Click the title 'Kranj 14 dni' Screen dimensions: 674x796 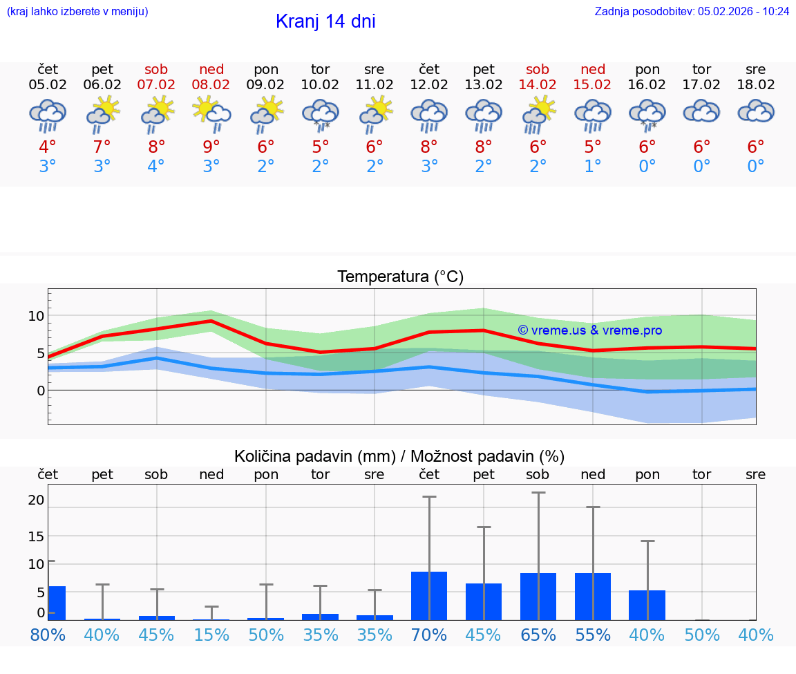[325, 21]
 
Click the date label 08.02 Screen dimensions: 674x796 [211, 85]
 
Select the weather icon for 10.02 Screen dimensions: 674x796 [320, 114]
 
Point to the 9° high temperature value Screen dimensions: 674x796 [211, 147]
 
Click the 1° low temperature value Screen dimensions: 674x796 [593, 167]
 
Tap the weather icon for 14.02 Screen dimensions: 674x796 [538, 114]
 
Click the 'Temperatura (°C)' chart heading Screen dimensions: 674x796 [400, 277]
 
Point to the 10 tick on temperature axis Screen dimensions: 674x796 [36, 316]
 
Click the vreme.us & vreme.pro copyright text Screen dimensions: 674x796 [589, 330]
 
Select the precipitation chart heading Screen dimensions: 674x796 [399, 456]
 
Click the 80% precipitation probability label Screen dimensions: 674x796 [48, 635]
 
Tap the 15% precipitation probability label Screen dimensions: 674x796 [211, 635]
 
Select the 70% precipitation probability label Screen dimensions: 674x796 [429, 635]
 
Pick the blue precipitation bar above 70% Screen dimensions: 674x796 [429, 595]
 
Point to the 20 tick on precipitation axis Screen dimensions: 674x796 [36, 500]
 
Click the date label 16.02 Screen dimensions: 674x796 [647, 85]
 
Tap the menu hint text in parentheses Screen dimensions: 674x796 [77, 11]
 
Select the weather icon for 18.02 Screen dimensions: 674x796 [756, 112]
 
